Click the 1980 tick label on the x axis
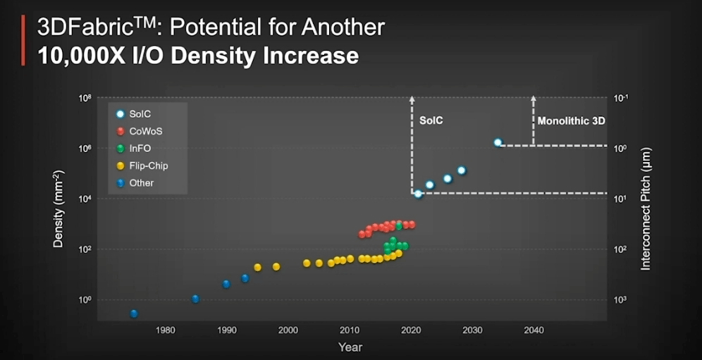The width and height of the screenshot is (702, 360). (166, 330)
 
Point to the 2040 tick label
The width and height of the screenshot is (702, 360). (534, 330)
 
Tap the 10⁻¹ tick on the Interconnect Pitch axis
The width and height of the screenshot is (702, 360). (622, 99)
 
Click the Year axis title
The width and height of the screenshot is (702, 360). (350, 347)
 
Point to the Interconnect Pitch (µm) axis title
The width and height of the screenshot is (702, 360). (646, 209)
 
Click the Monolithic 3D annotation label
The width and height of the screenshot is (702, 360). (571, 121)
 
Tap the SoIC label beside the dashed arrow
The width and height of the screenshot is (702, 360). (431, 121)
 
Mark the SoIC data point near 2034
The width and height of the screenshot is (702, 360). (498, 142)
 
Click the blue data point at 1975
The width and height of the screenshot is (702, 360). (134, 314)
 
